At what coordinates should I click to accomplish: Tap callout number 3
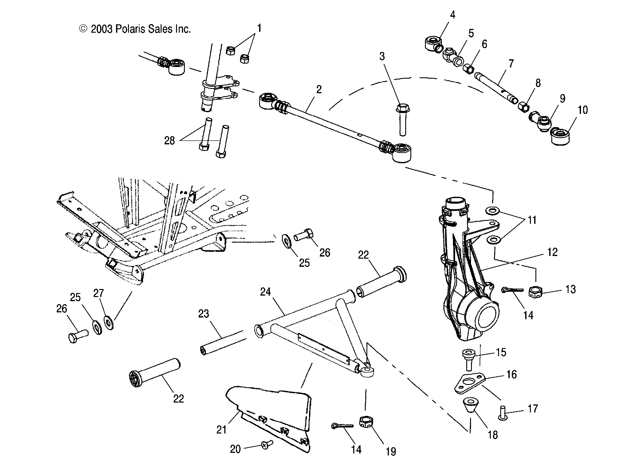(x=382, y=56)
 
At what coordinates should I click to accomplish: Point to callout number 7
(x=511, y=64)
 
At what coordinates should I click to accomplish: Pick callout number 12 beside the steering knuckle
(x=552, y=252)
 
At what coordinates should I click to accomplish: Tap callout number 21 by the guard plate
(x=221, y=429)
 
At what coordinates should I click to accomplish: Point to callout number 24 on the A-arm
(x=266, y=292)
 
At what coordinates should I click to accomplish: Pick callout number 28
(x=170, y=140)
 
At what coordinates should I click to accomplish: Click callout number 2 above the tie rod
(x=318, y=89)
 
